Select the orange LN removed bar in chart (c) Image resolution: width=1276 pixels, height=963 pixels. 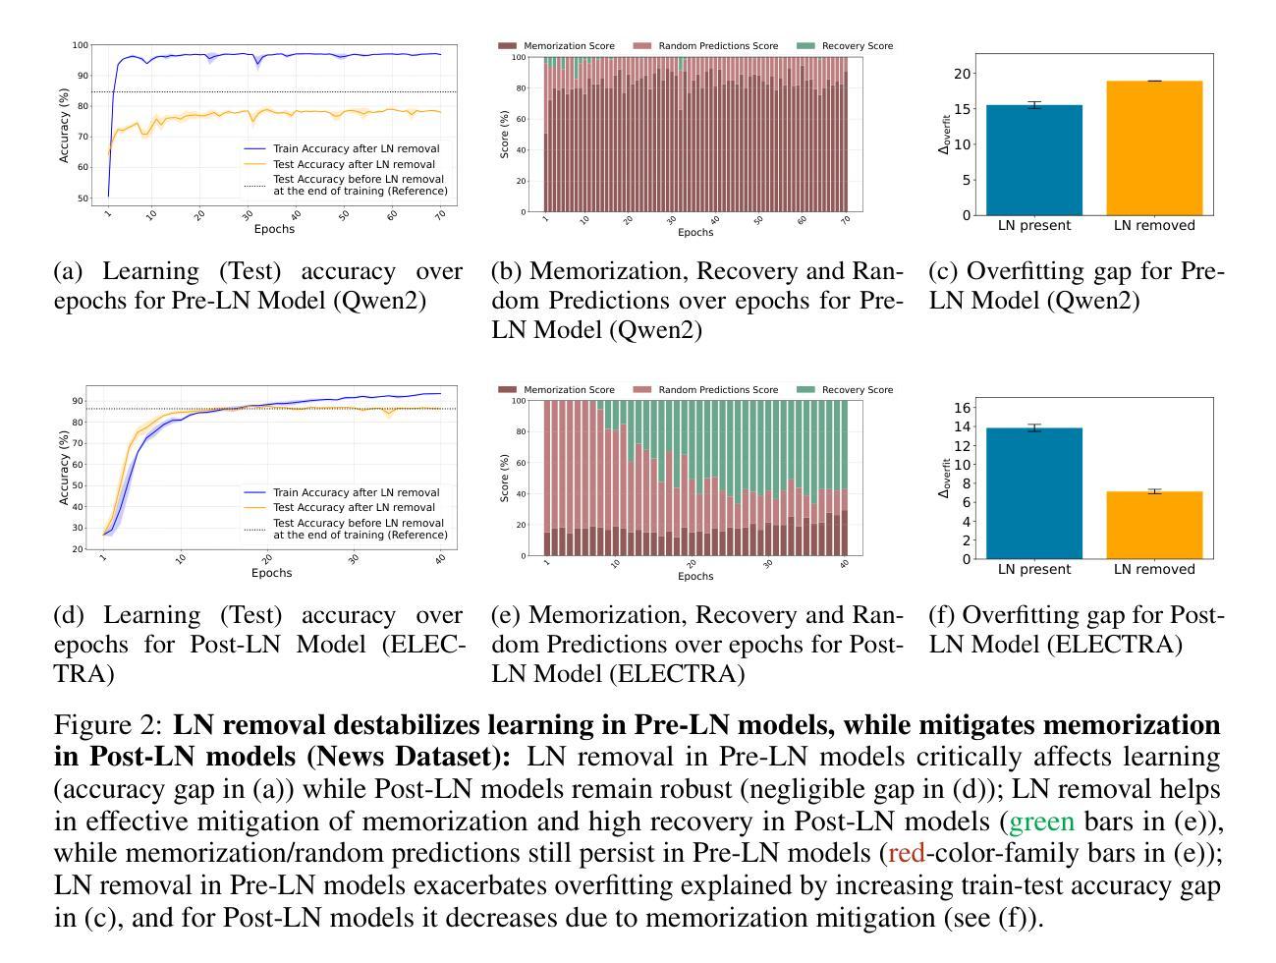pos(1154,148)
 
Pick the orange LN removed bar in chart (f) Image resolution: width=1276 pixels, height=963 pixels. pos(1154,525)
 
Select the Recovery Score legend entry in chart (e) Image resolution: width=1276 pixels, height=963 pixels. pos(857,390)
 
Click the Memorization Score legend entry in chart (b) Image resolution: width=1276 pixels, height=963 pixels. pos(569,46)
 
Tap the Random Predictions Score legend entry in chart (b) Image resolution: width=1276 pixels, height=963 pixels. pos(718,46)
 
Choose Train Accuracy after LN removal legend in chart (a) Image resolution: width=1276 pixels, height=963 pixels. pos(356,149)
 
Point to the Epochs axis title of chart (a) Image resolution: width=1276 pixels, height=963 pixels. pos(274,229)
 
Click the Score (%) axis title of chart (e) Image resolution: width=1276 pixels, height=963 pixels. pos(505,478)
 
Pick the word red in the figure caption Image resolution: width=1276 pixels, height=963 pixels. pos(906,853)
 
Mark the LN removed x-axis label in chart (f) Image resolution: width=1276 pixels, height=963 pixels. pos(1154,569)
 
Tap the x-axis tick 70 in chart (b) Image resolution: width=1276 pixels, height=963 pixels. pos(844,221)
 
